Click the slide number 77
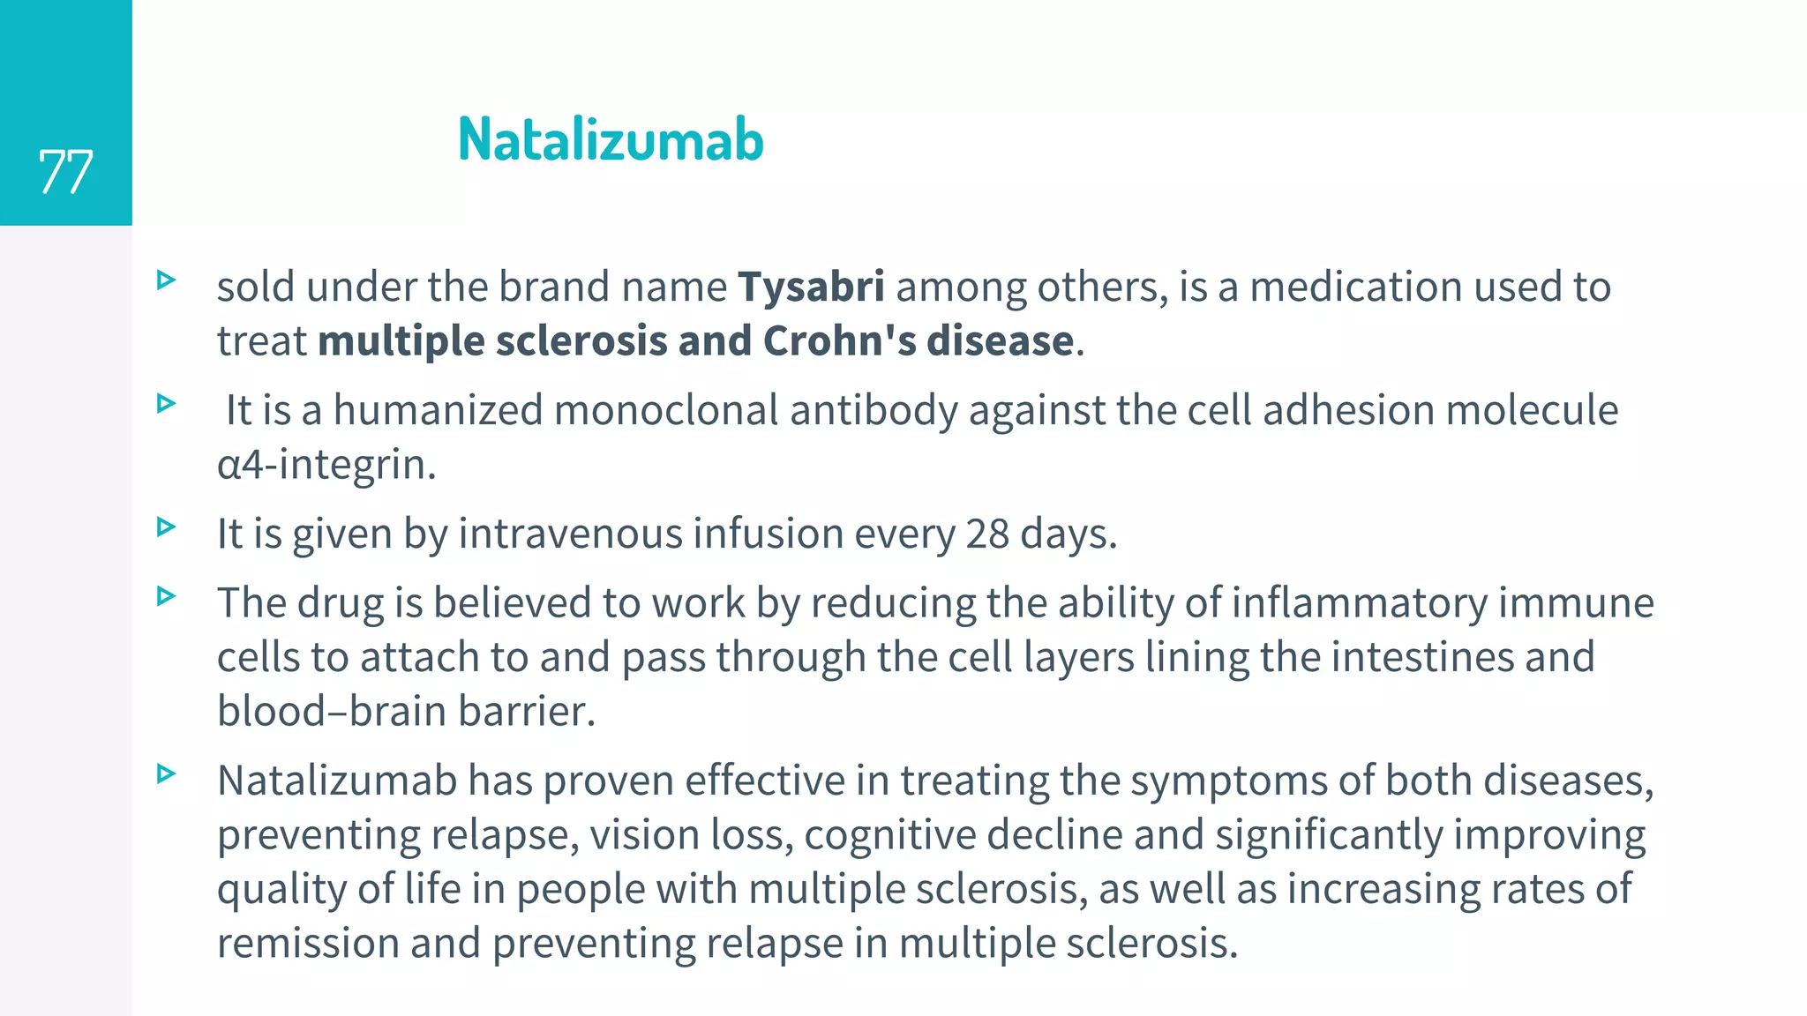[x=65, y=171]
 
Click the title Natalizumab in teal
[x=611, y=140]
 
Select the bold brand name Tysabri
[x=811, y=287]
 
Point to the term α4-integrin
[x=326, y=465]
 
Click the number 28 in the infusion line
[x=986, y=534]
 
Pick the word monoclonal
[x=665, y=411]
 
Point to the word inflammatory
[x=1359, y=604]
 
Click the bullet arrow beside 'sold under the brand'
[x=166, y=280]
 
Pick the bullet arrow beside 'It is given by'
[x=166, y=527]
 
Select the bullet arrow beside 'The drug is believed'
[x=166, y=597]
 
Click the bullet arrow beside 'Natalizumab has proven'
[x=166, y=774]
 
